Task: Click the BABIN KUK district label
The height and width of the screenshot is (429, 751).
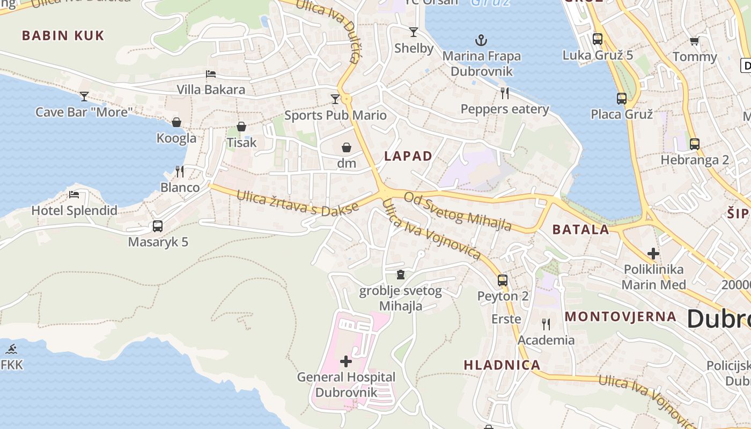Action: (x=63, y=36)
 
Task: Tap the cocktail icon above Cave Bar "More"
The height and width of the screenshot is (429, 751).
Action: (x=84, y=97)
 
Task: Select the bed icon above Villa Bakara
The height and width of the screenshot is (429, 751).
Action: (x=211, y=74)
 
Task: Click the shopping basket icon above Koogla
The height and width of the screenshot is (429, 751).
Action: (x=176, y=123)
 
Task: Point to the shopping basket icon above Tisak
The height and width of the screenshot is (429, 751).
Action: (x=241, y=127)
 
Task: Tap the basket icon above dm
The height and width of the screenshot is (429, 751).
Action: (x=347, y=147)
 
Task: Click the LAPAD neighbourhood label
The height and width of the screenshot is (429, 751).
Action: (x=408, y=156)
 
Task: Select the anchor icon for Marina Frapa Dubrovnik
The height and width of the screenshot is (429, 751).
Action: (x=481, y=40)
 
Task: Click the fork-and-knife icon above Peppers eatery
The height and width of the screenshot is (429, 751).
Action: (x=504, y=93)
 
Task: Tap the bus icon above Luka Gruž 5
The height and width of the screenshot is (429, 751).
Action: (x=597, y=39)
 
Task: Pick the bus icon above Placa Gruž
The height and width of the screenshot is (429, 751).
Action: (x=621, y=99)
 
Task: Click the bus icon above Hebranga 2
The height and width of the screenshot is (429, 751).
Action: (x=694, y=144)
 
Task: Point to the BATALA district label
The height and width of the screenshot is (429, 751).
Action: (x=581, y=230)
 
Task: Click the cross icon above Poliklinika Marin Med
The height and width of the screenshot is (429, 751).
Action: (x=653, y=254)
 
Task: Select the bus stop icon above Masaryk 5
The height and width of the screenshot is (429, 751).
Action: (x=157, y=226)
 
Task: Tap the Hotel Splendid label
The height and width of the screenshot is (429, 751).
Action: (x=74, y=210)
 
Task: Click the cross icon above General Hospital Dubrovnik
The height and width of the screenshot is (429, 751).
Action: (x=346, y=361)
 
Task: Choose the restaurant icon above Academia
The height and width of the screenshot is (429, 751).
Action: (x=546, y=324)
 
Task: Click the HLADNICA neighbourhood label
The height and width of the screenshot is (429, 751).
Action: (x=502, y=365)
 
